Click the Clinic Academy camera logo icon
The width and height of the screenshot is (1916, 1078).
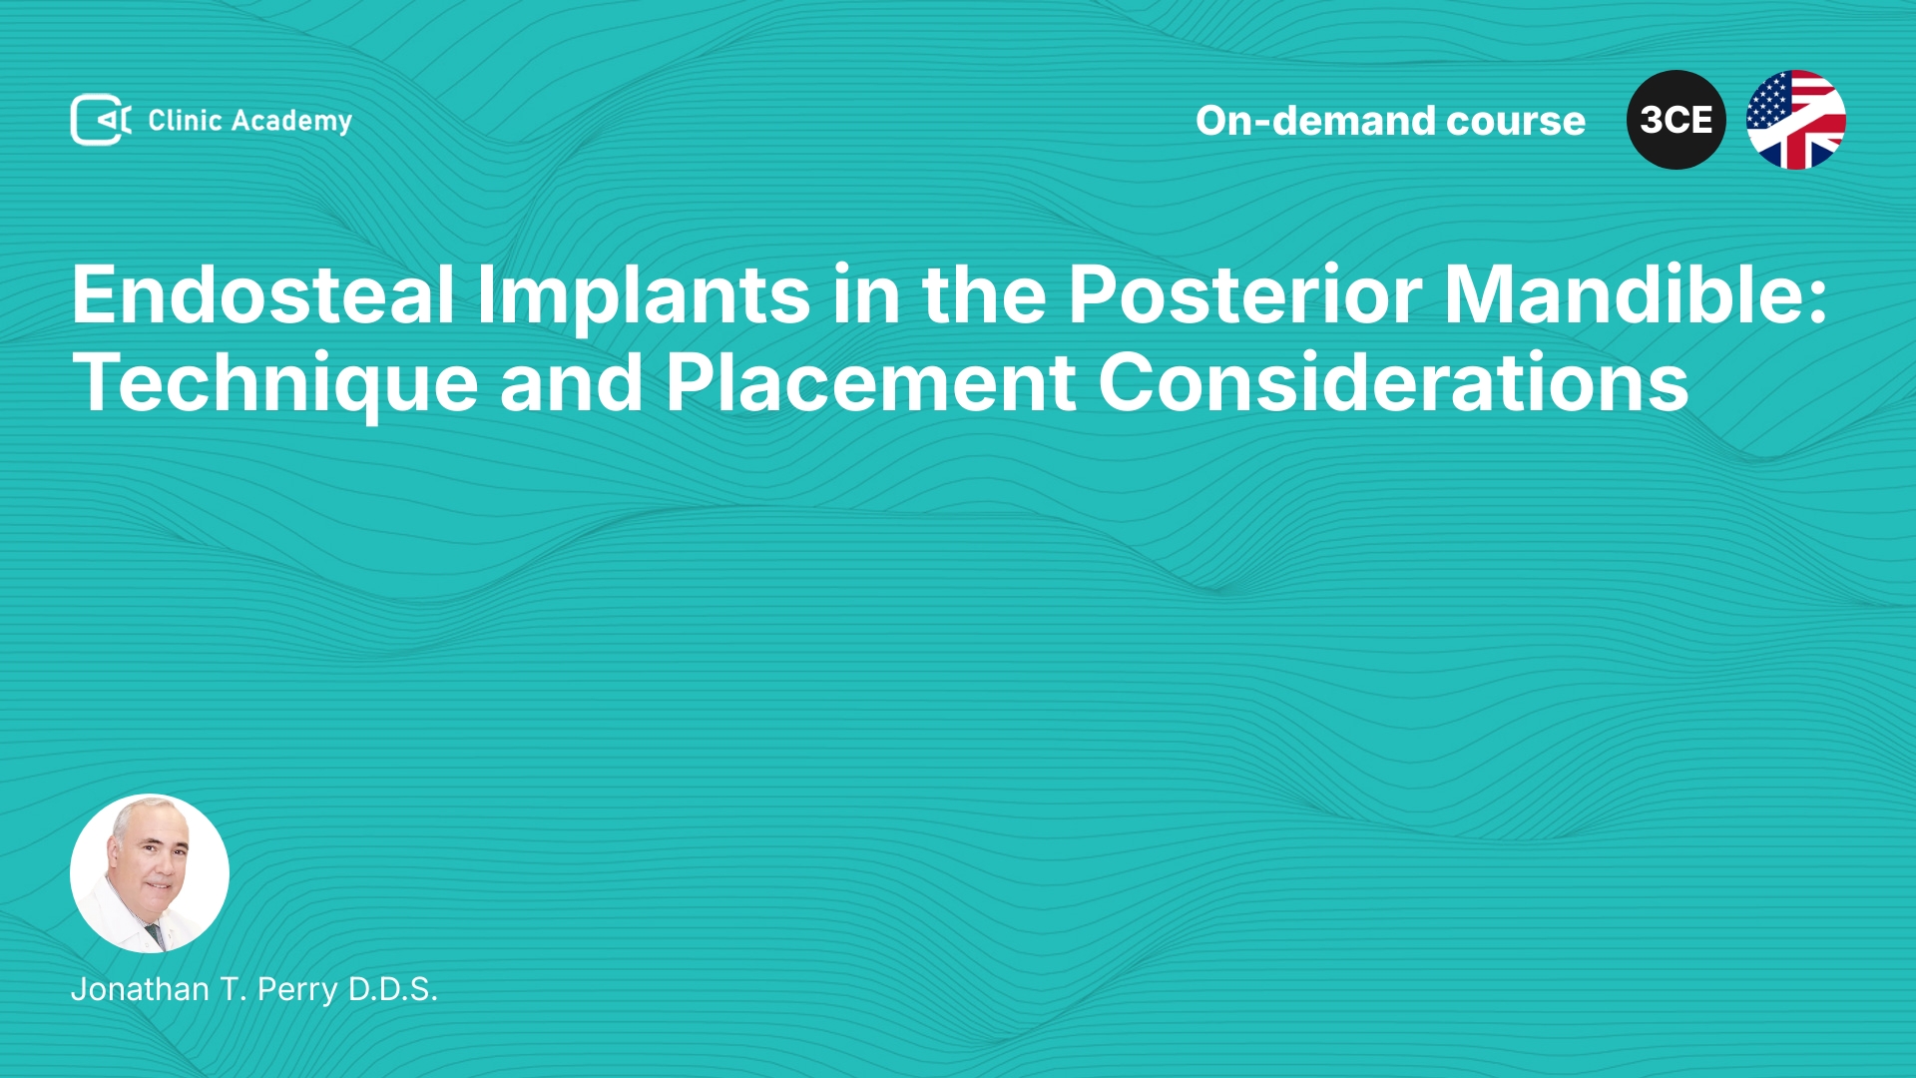(101, 120)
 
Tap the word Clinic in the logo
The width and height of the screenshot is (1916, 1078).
(185, 120)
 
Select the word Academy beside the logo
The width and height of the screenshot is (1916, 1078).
(291, 122)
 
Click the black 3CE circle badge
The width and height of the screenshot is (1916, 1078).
(1676, 120)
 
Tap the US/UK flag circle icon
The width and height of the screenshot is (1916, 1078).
(1796, 120)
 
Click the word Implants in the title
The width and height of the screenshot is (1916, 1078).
(644, 296)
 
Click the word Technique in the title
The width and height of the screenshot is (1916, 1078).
(275, 383)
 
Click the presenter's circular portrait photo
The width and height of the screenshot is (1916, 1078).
(150, 873)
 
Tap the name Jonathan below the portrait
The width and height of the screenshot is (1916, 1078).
(141, 989)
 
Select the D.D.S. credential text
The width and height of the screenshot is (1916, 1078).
(393, 989)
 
